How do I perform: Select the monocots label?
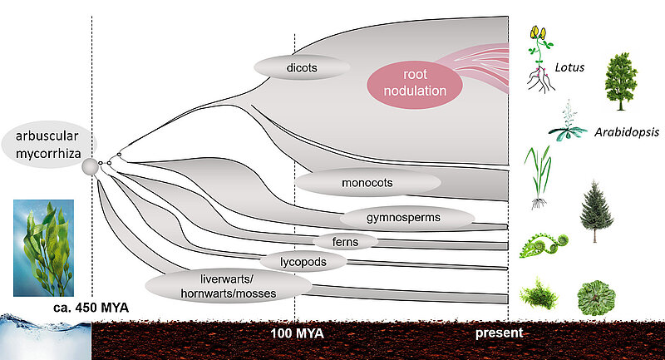pyautogui.click(x=367, y=182)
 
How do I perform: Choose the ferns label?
pyautogui.click(x=346, y=241)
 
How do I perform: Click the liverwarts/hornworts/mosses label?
pyautogui.click(x=229, y=285)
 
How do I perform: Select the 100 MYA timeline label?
pyautogui.click(x=297, y=333)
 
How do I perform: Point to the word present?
pyautogui.click(x=499, y=333)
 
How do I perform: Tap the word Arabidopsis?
pyautogui.click(x=619, y=131)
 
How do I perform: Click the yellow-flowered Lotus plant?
pyautogui.click(x=539, y=58)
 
